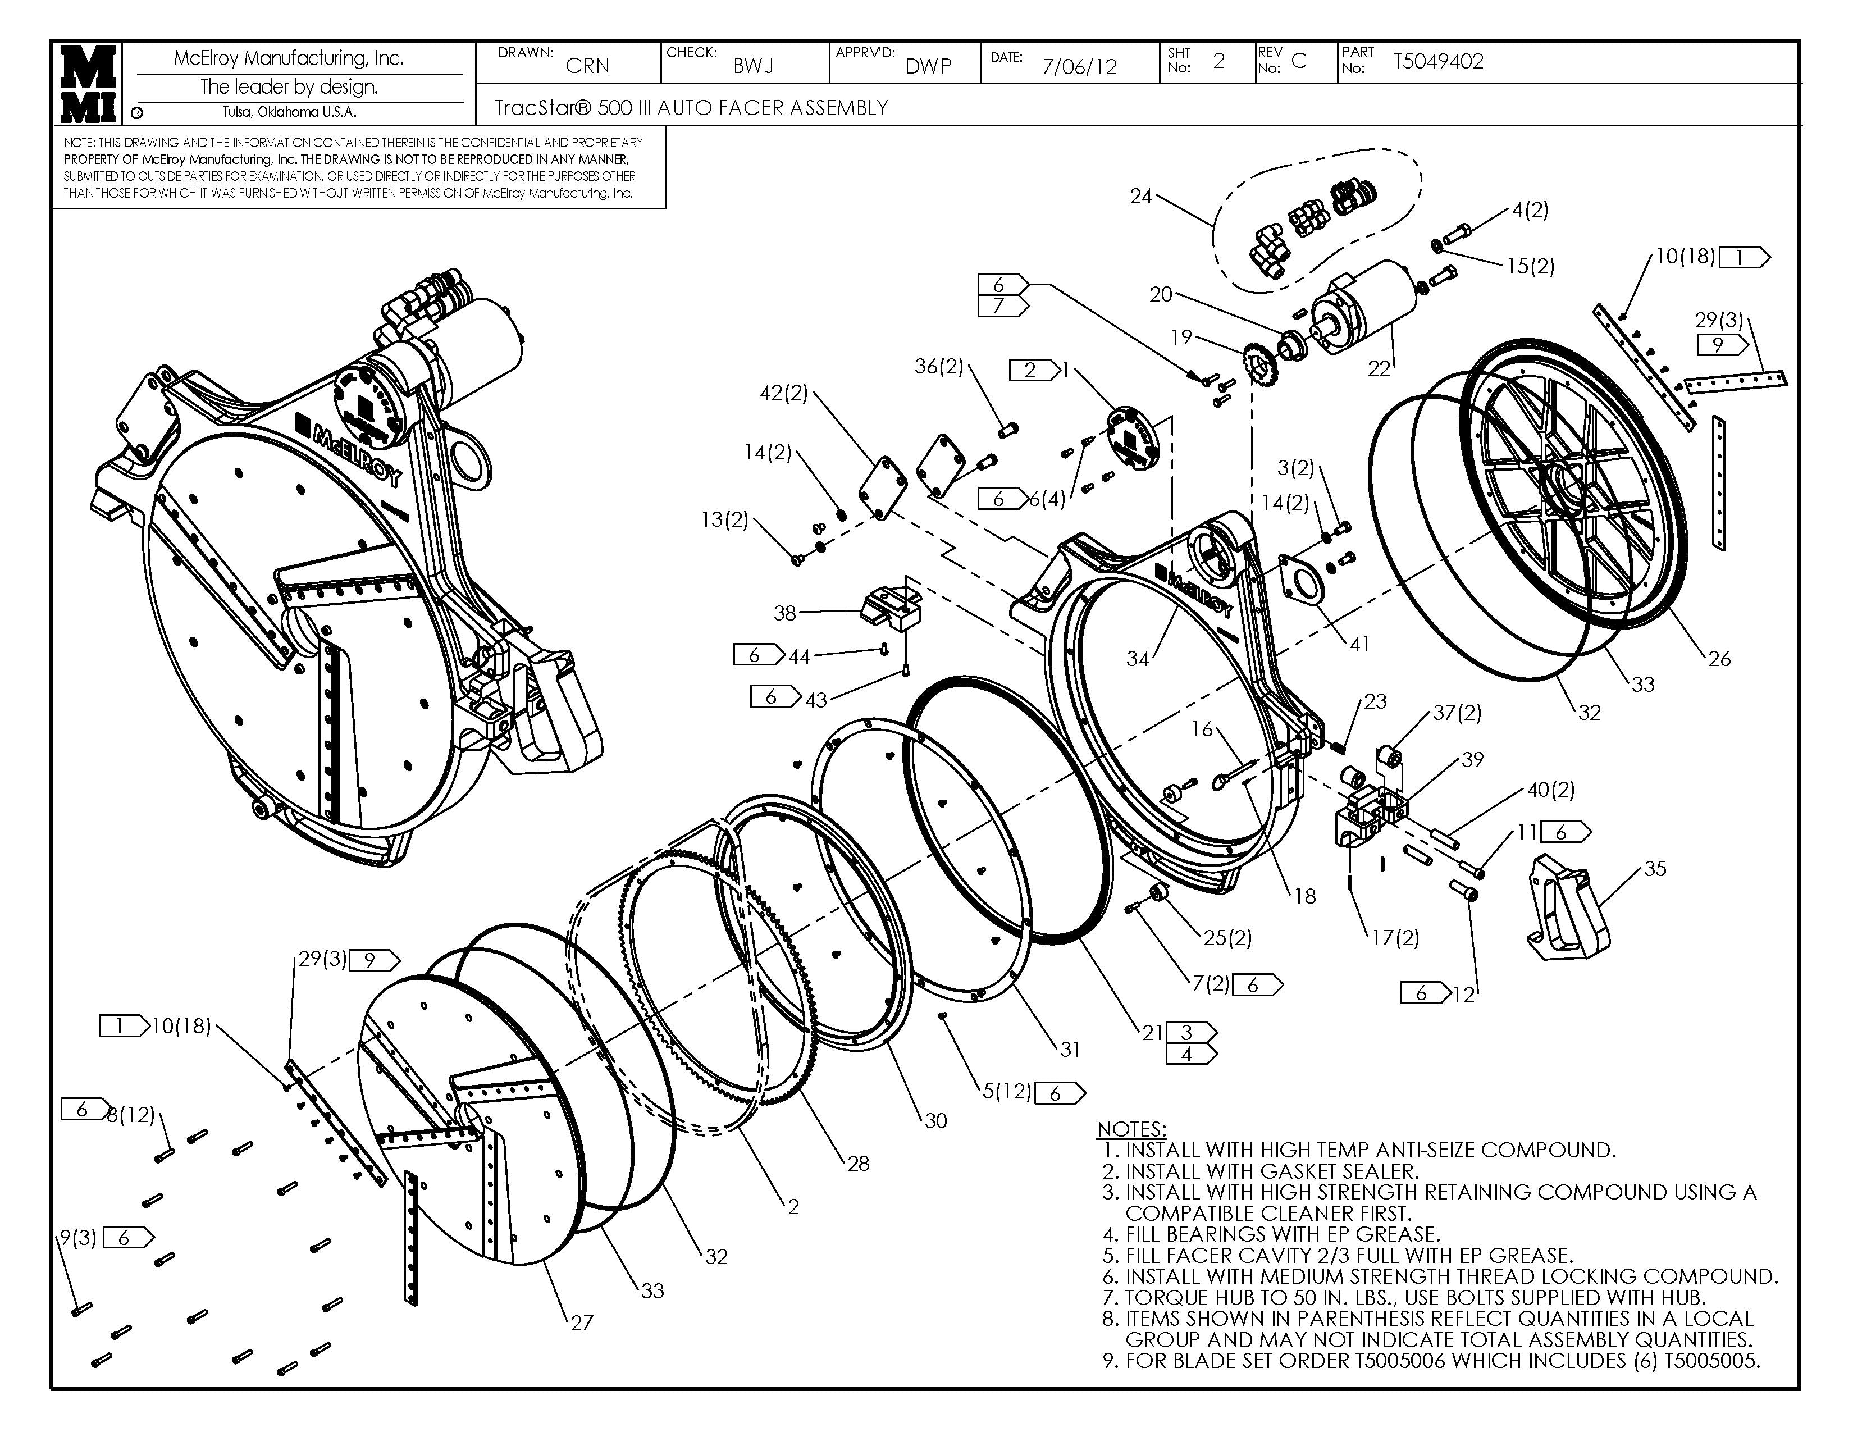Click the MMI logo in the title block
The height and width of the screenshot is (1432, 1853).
[x=88, y=83]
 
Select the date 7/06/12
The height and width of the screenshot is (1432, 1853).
[x=1079, y=67]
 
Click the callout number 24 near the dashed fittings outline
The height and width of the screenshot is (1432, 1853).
[x=1140, y=196]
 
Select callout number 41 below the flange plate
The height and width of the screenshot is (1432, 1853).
[x=1359, y=644]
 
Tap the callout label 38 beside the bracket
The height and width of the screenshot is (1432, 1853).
[x=785, y=613]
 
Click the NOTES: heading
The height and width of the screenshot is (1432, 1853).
[x=1131, y=1129]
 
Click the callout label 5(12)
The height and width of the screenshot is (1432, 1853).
[x=1006, y=1091]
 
